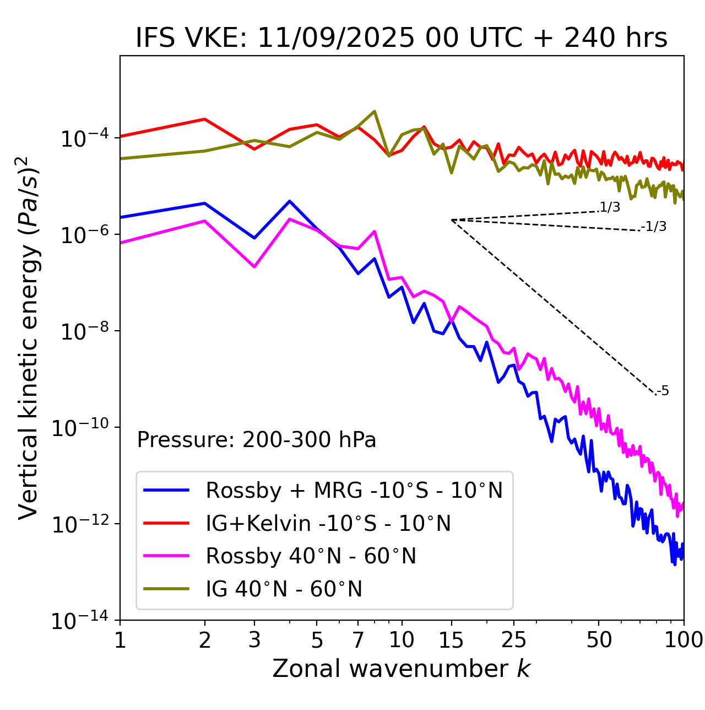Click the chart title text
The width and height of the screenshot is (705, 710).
pos(402,38)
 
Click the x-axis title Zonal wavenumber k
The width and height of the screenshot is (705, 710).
pos(402,668)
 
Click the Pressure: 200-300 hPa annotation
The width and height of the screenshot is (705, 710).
pos(257,440)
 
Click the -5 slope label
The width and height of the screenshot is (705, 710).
pos(663,391)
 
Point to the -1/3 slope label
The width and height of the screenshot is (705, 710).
pos(654,227)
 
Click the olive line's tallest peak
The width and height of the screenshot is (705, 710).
pos(375,111)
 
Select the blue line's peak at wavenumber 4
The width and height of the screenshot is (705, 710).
pos(290,201)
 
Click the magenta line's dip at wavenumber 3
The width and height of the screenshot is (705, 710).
pos(254,267)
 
